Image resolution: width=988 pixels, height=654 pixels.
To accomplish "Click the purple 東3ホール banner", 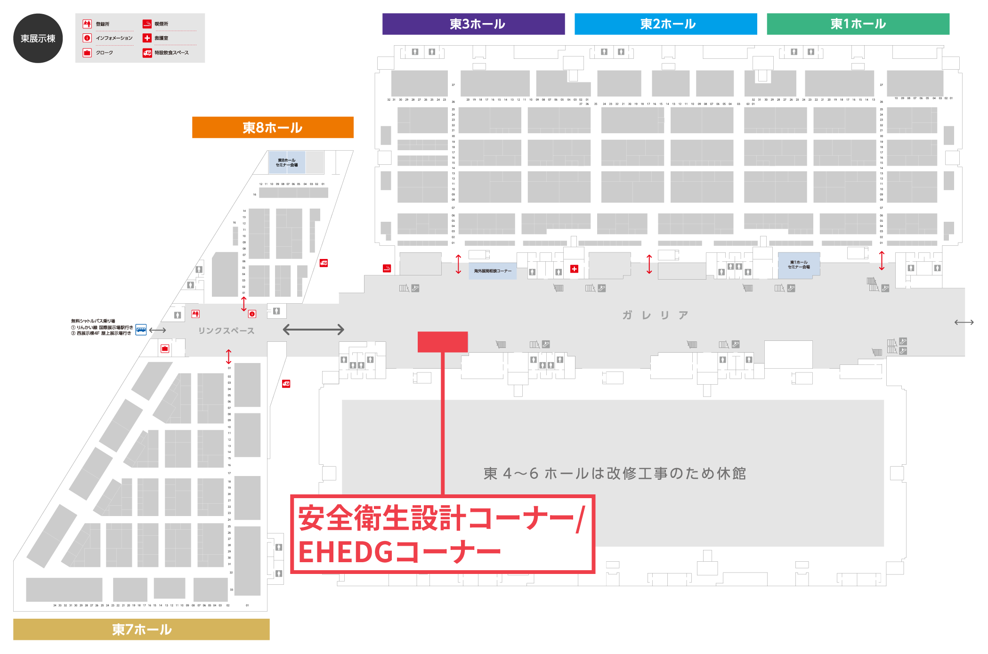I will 473,24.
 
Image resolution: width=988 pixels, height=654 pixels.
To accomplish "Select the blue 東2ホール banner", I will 665,24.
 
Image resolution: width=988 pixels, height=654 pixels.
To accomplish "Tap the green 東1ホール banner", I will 858,24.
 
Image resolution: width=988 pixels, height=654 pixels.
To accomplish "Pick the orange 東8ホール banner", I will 273,128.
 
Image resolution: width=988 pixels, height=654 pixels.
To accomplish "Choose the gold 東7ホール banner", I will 141,629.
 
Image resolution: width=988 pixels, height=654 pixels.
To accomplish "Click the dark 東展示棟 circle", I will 38,38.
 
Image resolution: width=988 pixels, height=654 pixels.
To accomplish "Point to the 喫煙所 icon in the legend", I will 147,24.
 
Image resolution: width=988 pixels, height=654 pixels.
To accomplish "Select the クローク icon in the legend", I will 87,53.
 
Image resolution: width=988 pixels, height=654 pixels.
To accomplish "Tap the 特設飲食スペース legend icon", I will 147,53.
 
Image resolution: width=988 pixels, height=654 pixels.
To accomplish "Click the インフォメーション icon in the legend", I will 87,38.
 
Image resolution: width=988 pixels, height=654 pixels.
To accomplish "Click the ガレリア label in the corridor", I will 655,315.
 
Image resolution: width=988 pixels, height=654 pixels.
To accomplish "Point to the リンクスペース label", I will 226,331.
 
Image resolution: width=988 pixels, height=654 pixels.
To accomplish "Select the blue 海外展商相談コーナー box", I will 492,271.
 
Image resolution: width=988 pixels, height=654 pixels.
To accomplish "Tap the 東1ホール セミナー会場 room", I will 799,265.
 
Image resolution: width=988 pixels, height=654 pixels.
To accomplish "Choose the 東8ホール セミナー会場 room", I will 287,162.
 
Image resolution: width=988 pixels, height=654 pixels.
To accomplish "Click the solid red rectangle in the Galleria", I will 442,342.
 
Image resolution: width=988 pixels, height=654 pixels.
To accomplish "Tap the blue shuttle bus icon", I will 141,330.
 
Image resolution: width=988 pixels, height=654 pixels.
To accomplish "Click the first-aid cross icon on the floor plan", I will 574,269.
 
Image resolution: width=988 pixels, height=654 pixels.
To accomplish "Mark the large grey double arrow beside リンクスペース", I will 313,330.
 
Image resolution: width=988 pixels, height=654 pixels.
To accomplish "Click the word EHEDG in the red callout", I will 345,552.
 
